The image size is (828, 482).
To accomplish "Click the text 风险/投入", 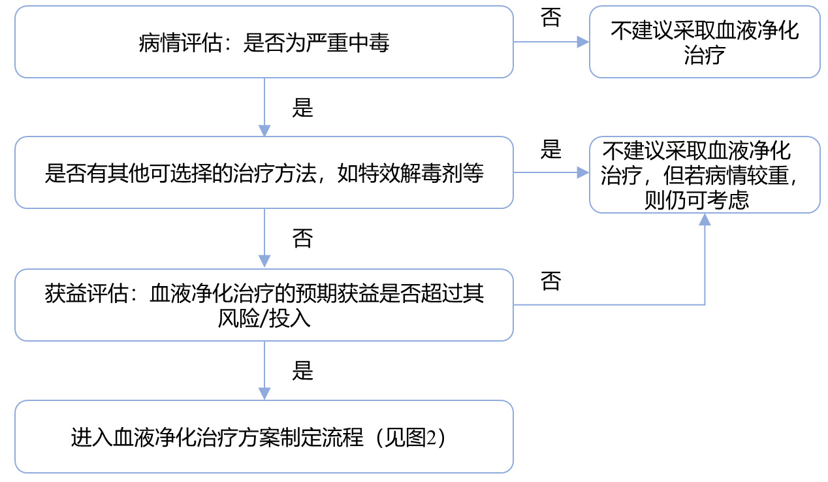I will [x=264, y=319].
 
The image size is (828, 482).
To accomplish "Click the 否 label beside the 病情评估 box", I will [x=550, y=18].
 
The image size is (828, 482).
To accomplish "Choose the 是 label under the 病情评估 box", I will [x=302, y=108].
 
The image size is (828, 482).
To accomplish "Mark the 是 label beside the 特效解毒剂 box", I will [x=550, y=150].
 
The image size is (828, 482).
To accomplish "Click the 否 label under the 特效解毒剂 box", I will [x=302, y=238].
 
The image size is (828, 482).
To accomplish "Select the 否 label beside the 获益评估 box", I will [x=550, y=281].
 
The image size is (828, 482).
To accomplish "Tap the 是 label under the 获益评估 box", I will [x=302, y=371].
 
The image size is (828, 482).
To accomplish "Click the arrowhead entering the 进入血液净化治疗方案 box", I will [x=264, y=393].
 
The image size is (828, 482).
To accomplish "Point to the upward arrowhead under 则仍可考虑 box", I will [x=705, y=219].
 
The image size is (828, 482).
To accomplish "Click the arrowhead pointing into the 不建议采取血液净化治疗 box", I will [x=582, y=42].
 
